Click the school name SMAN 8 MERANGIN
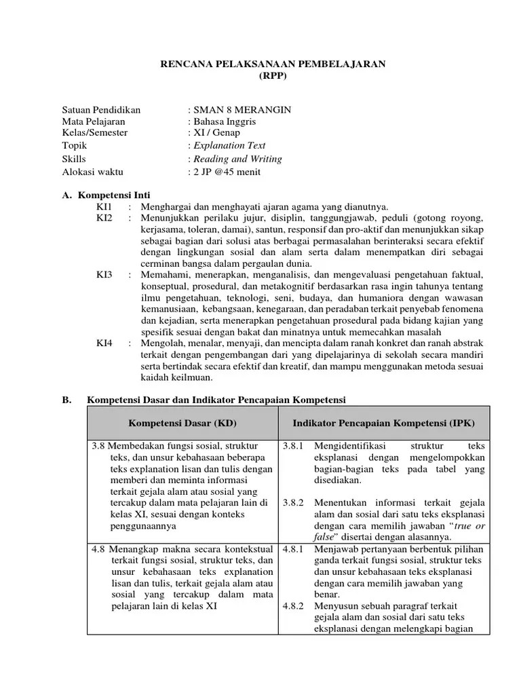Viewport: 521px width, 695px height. point(242,109)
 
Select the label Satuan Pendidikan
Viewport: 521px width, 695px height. point(101,109)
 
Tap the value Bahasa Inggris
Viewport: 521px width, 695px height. point(225,121)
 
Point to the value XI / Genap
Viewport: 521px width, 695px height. point(216,133)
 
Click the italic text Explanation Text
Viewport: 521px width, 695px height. point(229,145)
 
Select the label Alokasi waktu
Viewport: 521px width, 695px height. point(94,172)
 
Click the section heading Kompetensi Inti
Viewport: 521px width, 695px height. point(115,195)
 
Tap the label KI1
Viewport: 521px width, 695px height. point(104,206)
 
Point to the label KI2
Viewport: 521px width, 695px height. point(104,218)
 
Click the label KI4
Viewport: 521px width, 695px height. point(104,343)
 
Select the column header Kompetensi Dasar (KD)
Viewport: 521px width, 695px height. point(182,423)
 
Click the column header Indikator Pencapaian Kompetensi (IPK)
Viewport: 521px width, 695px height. point(383,423)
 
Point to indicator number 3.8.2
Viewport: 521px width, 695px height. point(293,503)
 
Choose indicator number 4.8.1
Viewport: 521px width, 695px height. point(293,548)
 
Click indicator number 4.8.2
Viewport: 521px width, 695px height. point(293,605)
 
